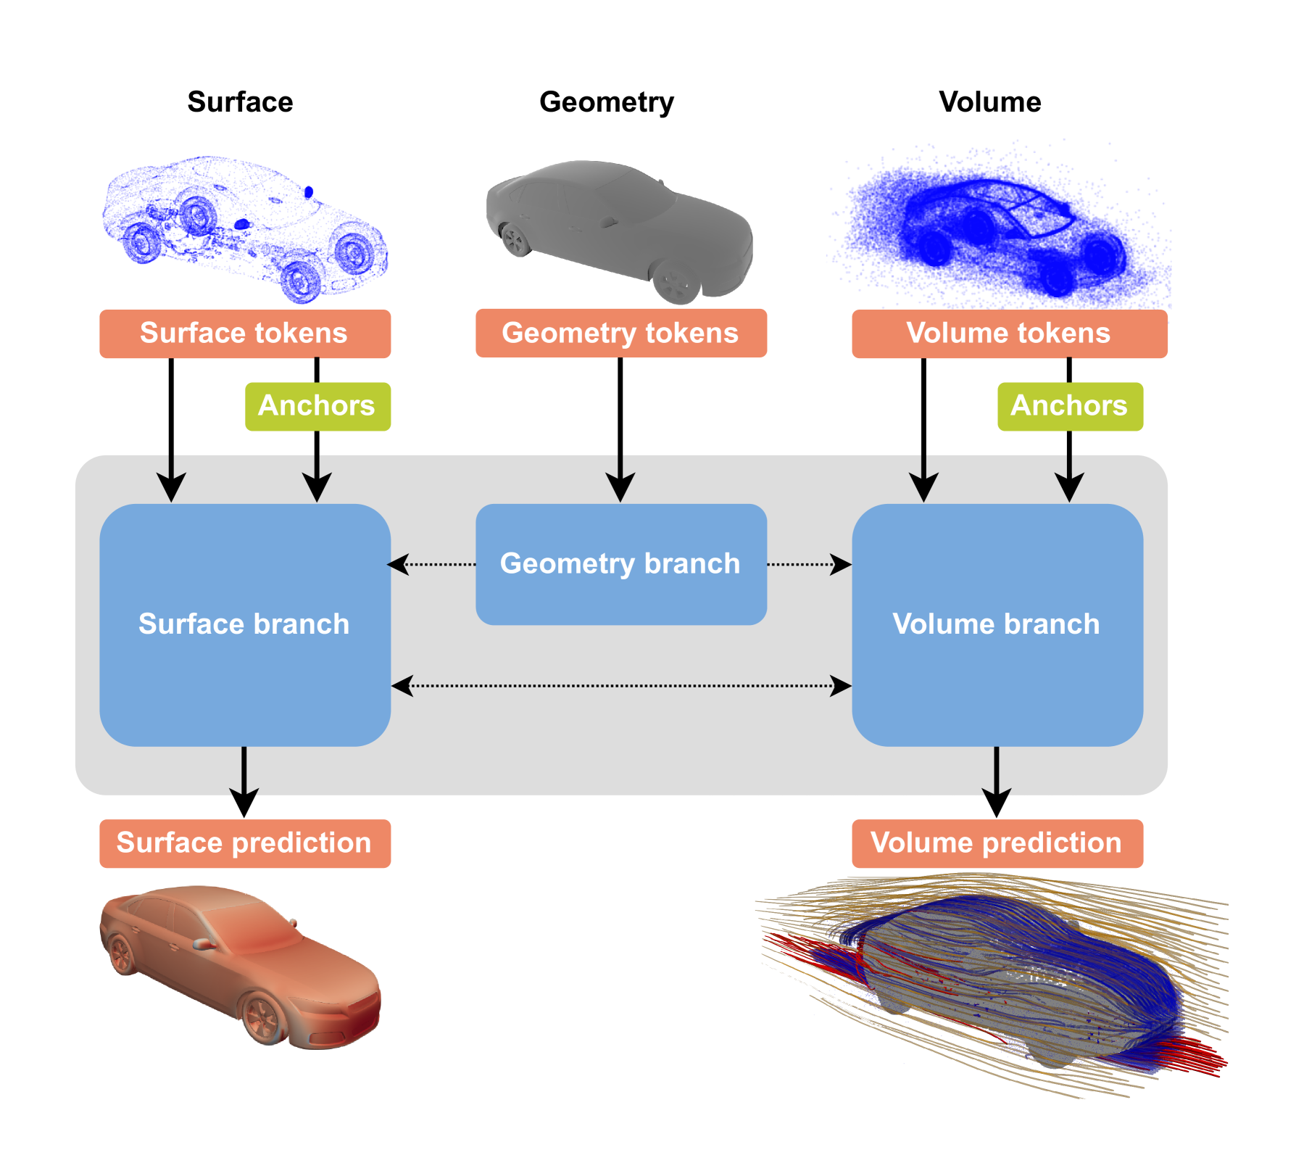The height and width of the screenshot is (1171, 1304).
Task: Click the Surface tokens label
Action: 245,334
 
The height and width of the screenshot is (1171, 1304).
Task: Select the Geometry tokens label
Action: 620,333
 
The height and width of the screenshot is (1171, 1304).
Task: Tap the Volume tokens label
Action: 1009,334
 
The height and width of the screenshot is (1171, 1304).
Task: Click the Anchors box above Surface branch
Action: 317,406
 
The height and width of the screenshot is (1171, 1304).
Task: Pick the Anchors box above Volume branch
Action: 1070,406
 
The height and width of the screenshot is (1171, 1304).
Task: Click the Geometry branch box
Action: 620,564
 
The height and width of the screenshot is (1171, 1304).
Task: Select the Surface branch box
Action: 245,624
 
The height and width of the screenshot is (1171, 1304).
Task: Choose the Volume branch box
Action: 997,624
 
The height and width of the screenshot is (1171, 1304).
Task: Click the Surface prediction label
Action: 245,843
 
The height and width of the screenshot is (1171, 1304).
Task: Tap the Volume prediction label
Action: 997,843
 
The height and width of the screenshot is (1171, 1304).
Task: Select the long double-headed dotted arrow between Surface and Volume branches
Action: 620,685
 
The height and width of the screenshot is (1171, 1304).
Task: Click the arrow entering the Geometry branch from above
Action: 620,479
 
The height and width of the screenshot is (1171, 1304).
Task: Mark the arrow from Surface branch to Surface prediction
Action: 244,772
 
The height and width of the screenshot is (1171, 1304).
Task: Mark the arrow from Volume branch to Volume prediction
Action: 997,772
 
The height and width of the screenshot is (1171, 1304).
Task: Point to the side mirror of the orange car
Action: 202,944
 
